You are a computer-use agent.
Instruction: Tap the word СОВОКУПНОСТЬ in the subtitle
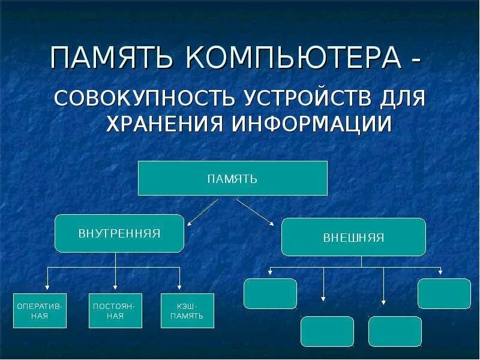click(x=144, y=98)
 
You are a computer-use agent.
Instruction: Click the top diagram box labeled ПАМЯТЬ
click(x=232, y=178)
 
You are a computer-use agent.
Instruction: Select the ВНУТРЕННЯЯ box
click(x=119, y=233)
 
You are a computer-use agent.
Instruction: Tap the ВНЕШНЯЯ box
click(x=353, y=237)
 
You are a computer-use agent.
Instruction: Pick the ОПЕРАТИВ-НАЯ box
click(x=40, y=311)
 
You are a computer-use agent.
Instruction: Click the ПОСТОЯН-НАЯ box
click(x=115, y=311)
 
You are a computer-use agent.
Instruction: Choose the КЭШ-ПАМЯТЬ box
click(x=187, y=311)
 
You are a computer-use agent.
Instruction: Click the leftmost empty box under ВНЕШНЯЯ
click(x=270, y=293)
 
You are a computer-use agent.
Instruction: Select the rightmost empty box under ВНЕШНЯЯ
click(x=444, y=293)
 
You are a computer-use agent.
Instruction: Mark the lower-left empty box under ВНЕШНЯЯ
click(x=327, y=331)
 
